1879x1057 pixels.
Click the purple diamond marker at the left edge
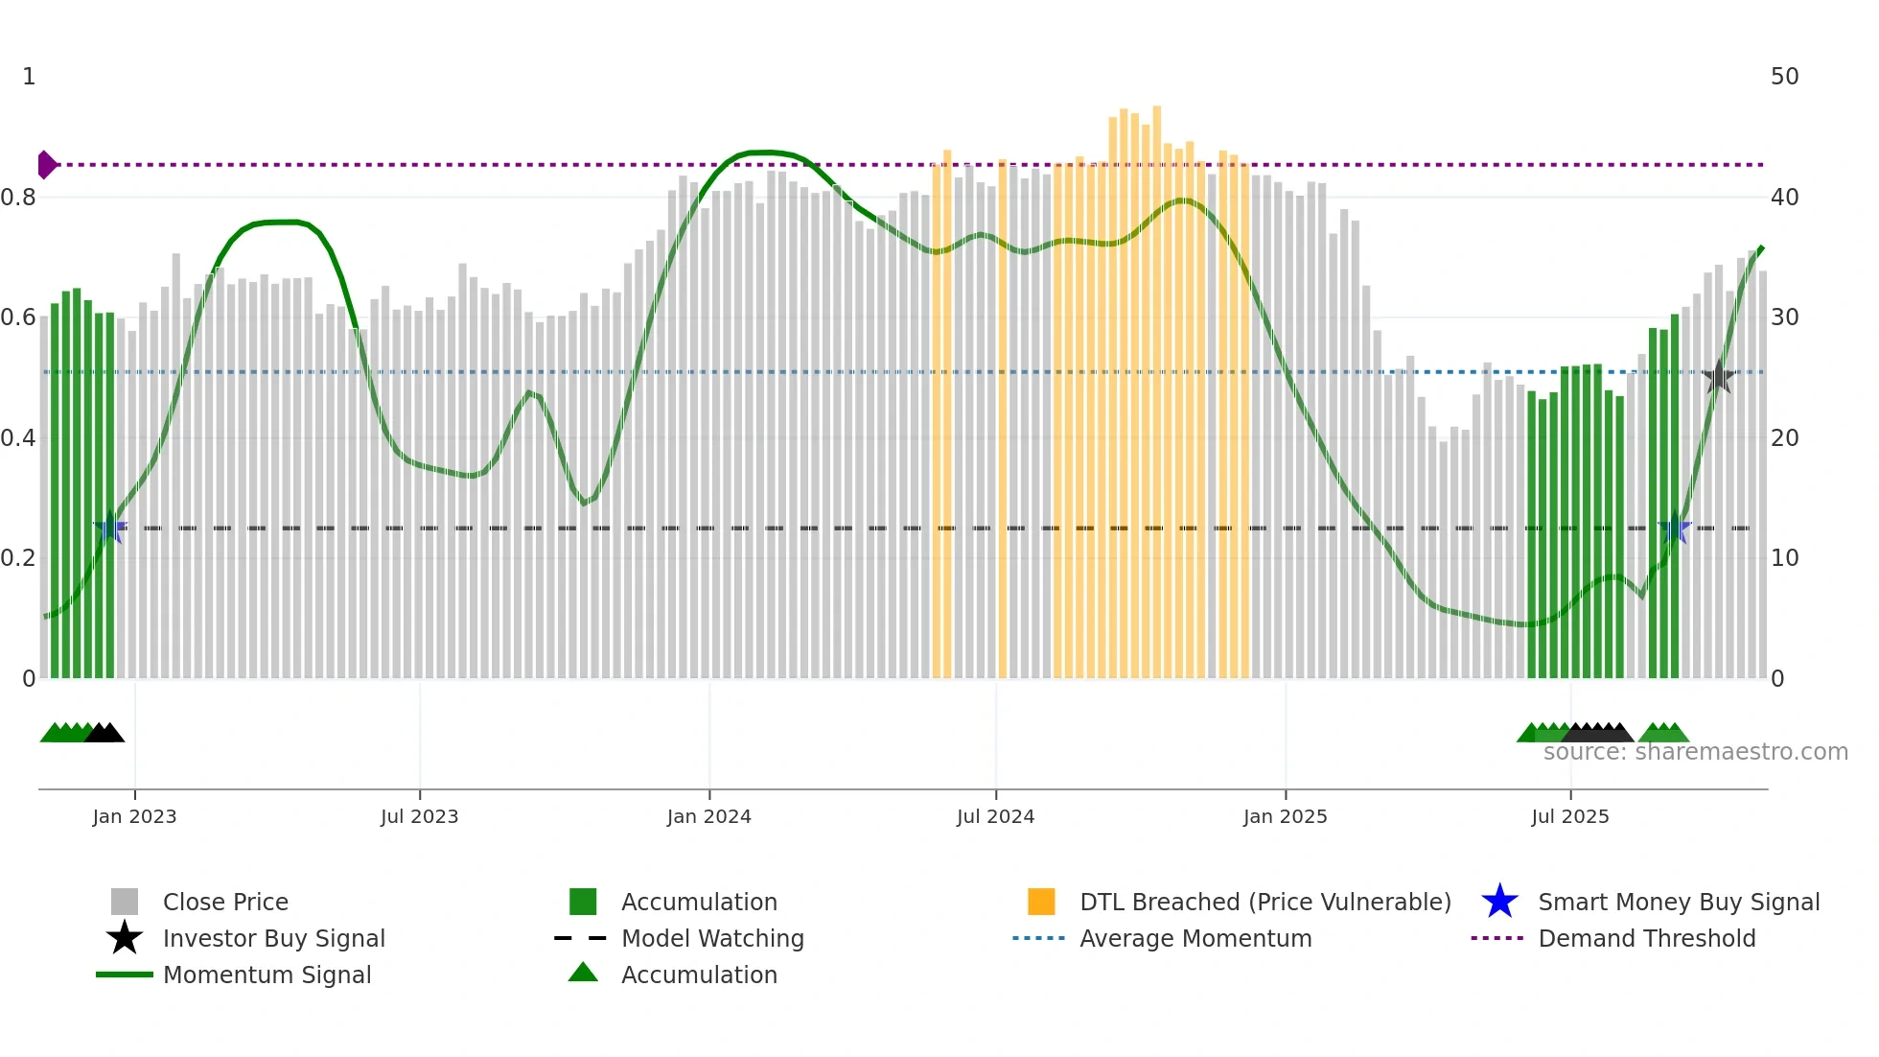(x=46, y=165)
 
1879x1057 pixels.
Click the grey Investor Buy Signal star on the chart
(x=1719, y=377)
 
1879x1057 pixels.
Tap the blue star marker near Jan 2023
(x=110, y=528)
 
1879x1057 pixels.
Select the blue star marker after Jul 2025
(x=1675, y=528)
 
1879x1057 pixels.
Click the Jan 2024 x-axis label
(x=708, y=816)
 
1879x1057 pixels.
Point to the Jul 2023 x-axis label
(x=419, y=816)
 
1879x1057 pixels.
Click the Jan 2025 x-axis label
(x=1285, y=816)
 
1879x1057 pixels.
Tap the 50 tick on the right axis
(x=1784, y=77)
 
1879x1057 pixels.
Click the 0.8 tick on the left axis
(x=18, y=198)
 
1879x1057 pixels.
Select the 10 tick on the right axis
(x=1784, y=558)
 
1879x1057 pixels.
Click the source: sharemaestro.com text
(x=1695, y=752)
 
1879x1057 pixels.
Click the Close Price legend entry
(x=225, y=902)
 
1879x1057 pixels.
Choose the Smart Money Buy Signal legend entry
(x=1678, y=902)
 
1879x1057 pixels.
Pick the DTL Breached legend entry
(x=1264, y=902)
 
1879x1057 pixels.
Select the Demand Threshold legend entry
(x=1646, y=938)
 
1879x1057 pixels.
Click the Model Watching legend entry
(x=711, y=938)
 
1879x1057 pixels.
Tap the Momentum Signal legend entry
(x=267, y=975)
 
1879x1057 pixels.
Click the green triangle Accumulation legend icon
(x=583, y=974)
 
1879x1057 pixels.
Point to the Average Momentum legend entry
(x=1195, y=938)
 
